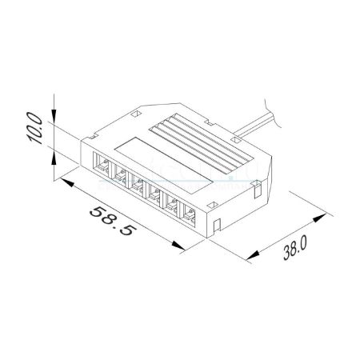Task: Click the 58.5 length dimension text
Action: [x=111, y=221]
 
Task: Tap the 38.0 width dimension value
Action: [x=295, y=248]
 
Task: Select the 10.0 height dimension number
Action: [x=34, y=128]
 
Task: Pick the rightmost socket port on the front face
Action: [x=188, y=214]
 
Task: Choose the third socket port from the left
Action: [x=138, y=185]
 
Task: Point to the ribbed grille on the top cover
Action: [x=202, y=145]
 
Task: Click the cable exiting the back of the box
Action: [x=254, y=126]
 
